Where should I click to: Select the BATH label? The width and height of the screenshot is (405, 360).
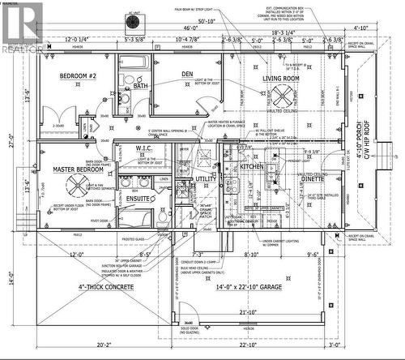[x=141, y=86]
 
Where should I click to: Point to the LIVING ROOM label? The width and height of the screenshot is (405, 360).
[x=280, y=79]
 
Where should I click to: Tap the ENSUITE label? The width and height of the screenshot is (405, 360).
[x=136, y=196]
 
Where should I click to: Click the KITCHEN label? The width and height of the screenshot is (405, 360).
[x=252, y=166]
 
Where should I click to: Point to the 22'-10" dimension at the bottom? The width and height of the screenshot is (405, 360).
[x=248, y=345]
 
